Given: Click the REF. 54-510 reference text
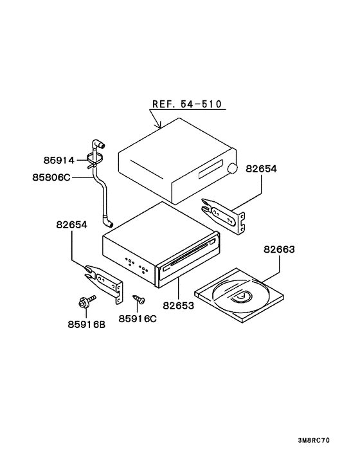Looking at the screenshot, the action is (x=187, y=104).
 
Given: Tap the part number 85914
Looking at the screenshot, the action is (x=59, y=160).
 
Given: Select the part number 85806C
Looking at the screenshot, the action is (x=51, y=177).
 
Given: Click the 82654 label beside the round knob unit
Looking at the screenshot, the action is (x=261, y=168).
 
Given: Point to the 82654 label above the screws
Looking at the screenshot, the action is (x=71, y=224).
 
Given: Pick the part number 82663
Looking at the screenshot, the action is (x=279, y=250).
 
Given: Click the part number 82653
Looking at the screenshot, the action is (x=178, y=305).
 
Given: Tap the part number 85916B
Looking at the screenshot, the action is (x=87, y=325).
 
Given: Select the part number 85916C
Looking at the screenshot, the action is (x=138, y=318).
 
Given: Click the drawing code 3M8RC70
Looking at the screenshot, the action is (x=314, y=440).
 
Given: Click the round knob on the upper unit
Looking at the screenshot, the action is (x=232, y=168).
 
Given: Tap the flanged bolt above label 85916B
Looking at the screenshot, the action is (x=87, y=302).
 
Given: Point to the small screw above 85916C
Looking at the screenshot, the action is (x=139, y=300).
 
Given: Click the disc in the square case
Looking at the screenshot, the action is (x=241, y=296).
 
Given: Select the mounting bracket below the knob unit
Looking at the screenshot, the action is (x=224, y=215).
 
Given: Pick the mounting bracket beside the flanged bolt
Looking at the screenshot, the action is (x=104, y=283).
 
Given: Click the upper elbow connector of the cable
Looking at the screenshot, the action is (x=98, y=143).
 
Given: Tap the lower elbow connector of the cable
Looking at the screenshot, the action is (x=107, y=222).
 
